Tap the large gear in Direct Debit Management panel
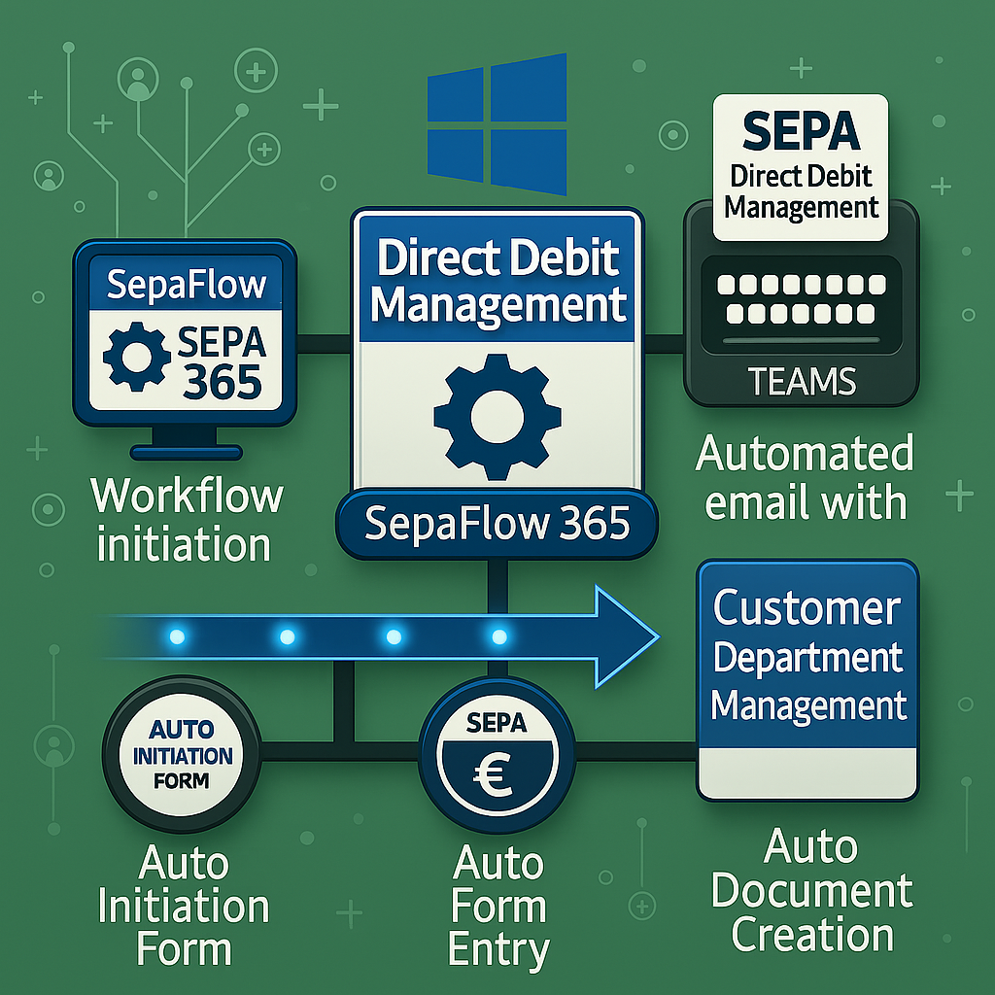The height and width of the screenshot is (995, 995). point(497,416)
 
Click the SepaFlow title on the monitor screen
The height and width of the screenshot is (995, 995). point(185,285)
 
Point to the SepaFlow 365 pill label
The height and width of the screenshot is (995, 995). point(497,526)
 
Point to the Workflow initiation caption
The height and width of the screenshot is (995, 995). point(187,520)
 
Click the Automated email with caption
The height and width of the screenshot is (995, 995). point(806,478)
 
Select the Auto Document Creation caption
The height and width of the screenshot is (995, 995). point(812,891)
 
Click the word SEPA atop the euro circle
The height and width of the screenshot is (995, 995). point(496,723)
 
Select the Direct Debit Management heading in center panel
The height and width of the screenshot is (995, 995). point(497,281)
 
